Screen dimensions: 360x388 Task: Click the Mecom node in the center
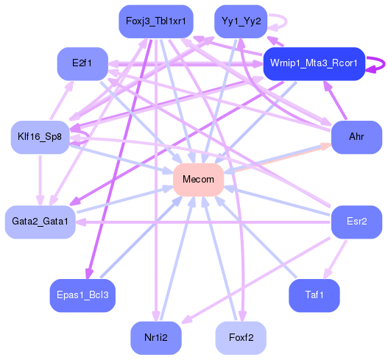(198, 180)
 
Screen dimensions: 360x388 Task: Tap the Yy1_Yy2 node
(239, 21)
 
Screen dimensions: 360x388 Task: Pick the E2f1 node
(82, 64)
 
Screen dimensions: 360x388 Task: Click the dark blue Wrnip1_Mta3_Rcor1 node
(314, 64)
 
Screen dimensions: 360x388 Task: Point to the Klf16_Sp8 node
(40, 137)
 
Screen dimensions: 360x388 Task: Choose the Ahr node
(356, 137)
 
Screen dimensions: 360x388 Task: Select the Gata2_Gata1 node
(40, 222)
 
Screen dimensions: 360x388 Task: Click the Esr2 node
(356, 222)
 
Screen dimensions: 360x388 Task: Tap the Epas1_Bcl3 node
(82, 295)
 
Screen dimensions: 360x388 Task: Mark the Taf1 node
(314, 295)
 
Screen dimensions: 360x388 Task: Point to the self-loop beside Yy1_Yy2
(278, 21)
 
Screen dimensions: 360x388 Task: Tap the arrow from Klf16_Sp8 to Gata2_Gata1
(40, 179)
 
